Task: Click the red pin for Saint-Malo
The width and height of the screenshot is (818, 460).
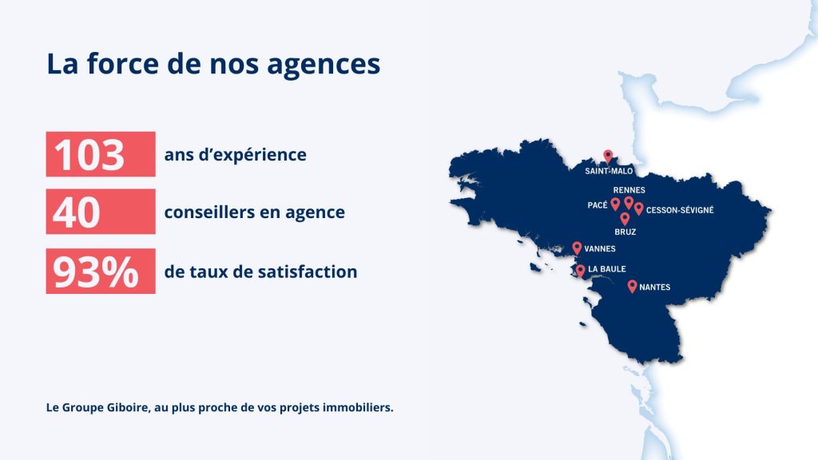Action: point(608,156)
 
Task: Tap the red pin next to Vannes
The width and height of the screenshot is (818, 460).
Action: point(577,248)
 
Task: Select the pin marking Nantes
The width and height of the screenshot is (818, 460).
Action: point(633,286)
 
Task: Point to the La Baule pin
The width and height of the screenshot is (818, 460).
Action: point(580,271)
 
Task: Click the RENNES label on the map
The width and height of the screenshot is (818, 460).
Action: point(629,190)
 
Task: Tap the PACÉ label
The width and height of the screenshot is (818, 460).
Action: point(598,205)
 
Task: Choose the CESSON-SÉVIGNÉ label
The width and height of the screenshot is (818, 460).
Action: point(680,210)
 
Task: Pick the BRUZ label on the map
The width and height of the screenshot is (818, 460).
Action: point(625,232)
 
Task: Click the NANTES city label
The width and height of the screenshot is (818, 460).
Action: point(655,287)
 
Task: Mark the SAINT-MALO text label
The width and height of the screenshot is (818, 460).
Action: point(609,171)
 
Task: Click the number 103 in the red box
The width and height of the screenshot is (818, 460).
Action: point(89,155)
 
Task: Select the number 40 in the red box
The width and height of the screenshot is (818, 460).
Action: point(76,212)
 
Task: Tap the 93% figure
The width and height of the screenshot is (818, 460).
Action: point(96,272)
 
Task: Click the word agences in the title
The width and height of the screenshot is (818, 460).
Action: point(324,65)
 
